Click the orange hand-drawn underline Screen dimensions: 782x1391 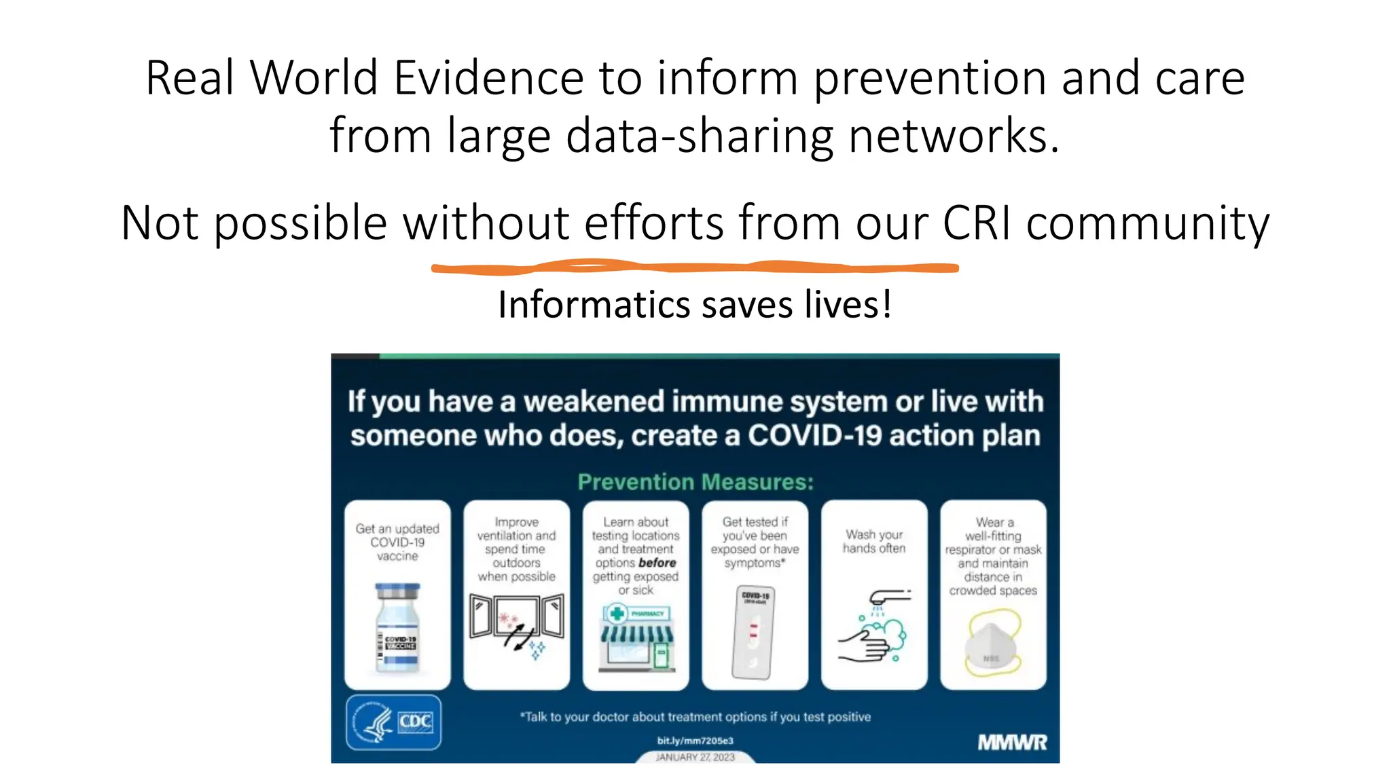pos(694,268)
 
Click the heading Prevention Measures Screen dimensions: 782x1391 pos(695,482)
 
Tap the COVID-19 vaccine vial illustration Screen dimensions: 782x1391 pos(398,627)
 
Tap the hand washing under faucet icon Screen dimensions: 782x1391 pos(873,627)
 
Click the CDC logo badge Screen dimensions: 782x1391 pos(394,722)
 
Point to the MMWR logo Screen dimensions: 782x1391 pos(1012,743)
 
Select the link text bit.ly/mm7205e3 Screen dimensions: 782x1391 pos(695,741)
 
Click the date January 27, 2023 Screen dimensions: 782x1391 pos(695,757)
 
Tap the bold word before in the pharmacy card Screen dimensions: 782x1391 pos(657,563)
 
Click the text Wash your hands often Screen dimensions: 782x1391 pos(874,542)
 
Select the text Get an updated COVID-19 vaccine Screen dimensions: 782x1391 pos(397,542)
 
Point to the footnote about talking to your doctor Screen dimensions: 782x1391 pos(695,717)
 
